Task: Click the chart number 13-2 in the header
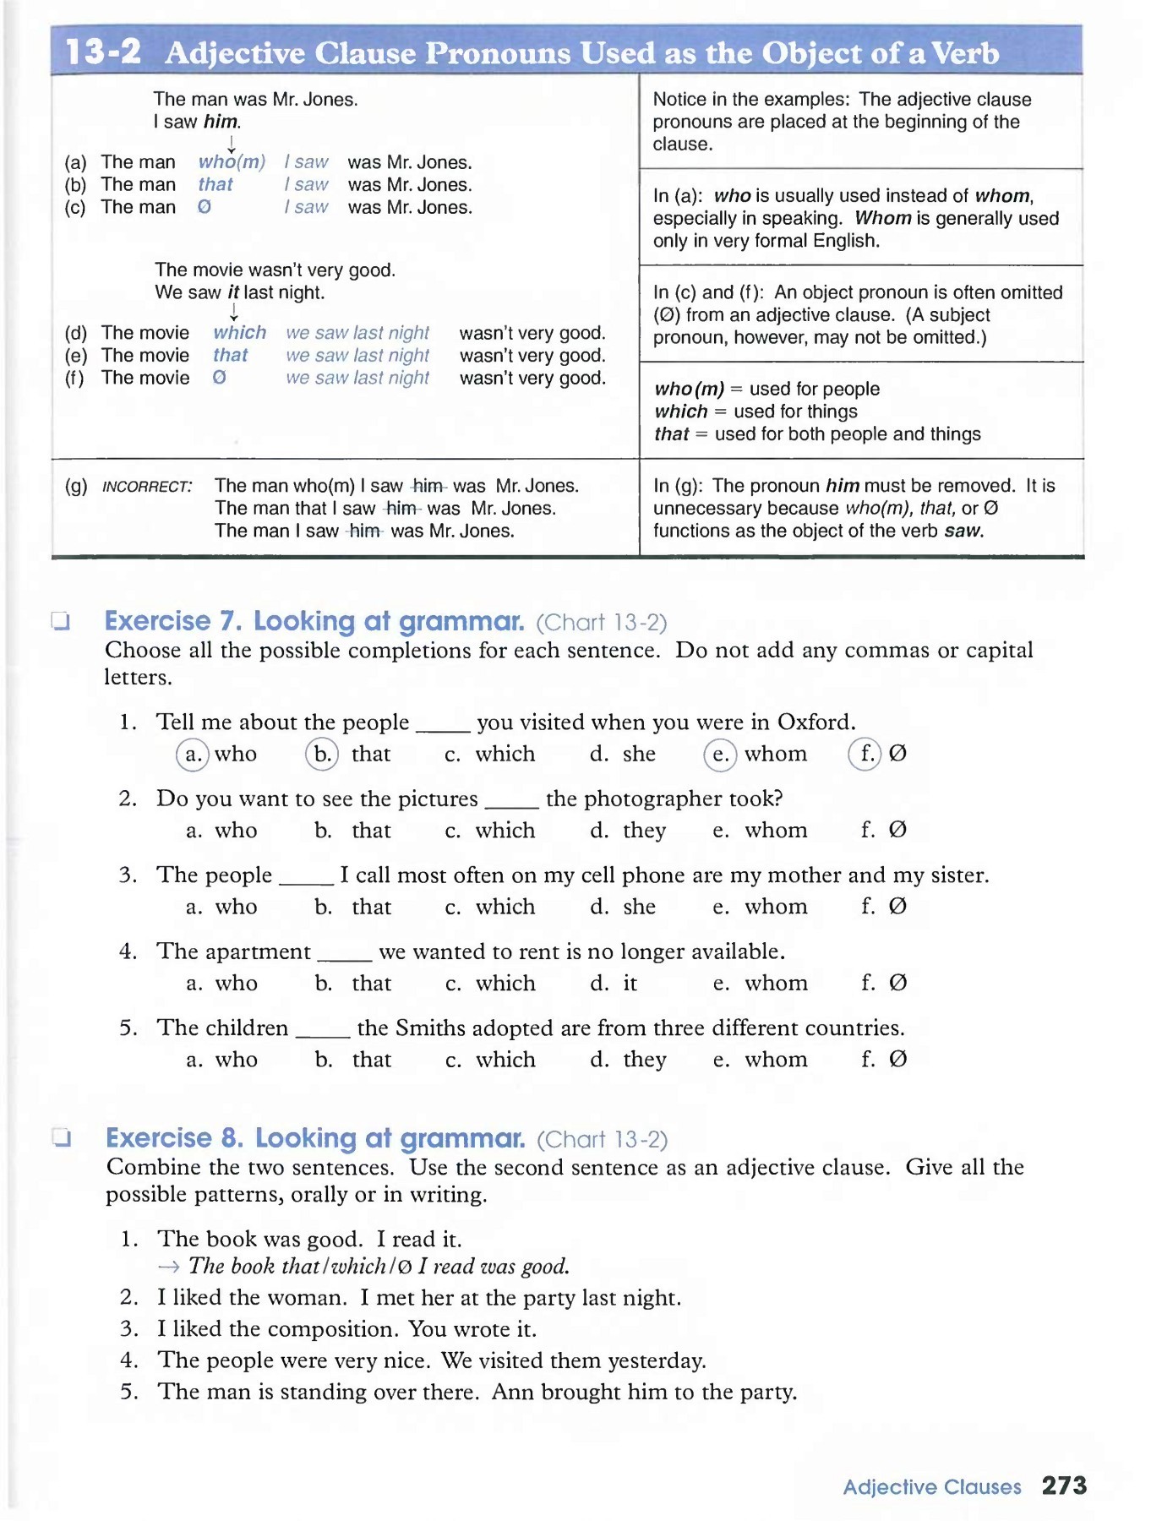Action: (x=103, y=52)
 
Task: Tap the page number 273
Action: (x=1064, y=1486)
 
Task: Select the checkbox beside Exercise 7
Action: (x=60, y=622)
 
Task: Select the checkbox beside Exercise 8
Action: (x=61, y=1138)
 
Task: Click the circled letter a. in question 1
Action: (x=193, y=754)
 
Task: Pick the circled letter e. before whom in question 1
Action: (x=720, y=754)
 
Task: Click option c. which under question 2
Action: (x=491, y=831)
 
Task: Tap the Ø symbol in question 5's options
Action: (x=898, y=1060)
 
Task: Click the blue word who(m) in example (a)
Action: (x=232, y=162)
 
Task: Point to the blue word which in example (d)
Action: (x=239, y=333)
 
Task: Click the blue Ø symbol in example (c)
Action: (x=205, y=207)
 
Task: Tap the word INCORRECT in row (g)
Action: (x=146, y=487)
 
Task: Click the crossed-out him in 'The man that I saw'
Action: (x=401, y=509)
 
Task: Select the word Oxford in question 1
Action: (x=816, y=722)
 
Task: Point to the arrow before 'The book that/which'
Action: (x=168, y=1267)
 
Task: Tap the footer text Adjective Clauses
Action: (x=931, y=1487)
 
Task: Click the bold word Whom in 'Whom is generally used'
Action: (x=882, y=218)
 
